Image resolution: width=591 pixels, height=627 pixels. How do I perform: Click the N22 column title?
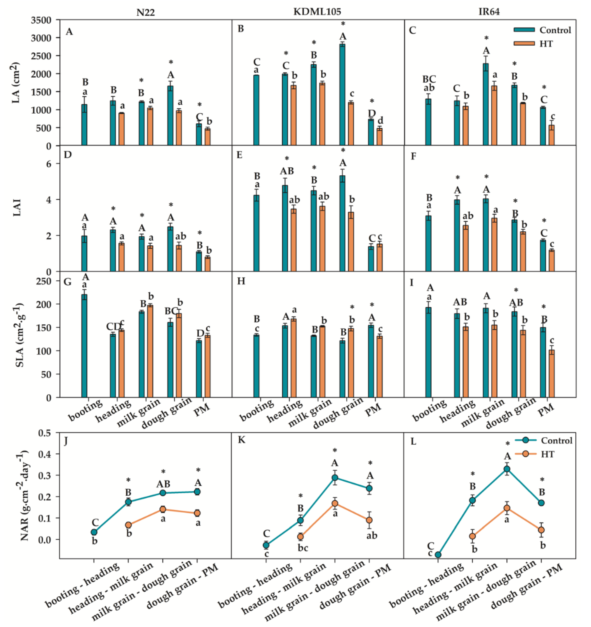tap(145, 12)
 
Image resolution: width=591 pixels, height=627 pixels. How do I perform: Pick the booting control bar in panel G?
tap(84, 346)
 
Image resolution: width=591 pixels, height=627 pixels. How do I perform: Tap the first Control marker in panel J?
tap(94, 532)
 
